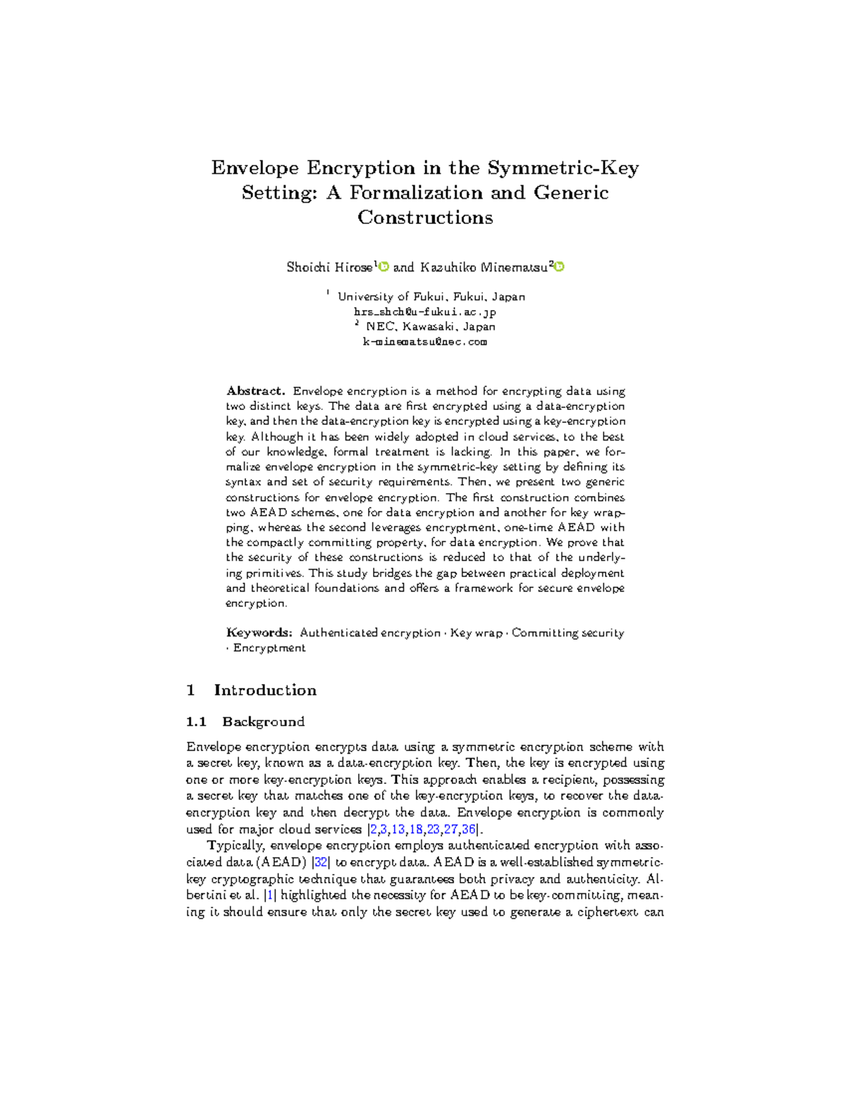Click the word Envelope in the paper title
(255, 168)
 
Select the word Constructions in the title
(424, 218)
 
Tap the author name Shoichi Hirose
(329, 268)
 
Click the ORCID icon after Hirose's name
(384, 267)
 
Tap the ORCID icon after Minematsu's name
(560, 267)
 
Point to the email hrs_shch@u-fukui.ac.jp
(424, 312)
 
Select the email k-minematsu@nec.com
(424, 342)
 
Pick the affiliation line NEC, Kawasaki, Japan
(430, 327)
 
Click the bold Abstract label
(255, 391)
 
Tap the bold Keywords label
(259, 633)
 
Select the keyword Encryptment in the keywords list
(269, 648)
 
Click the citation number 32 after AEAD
(321, 862)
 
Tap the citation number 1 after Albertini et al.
(269, 895)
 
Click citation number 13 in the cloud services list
(398, 829)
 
